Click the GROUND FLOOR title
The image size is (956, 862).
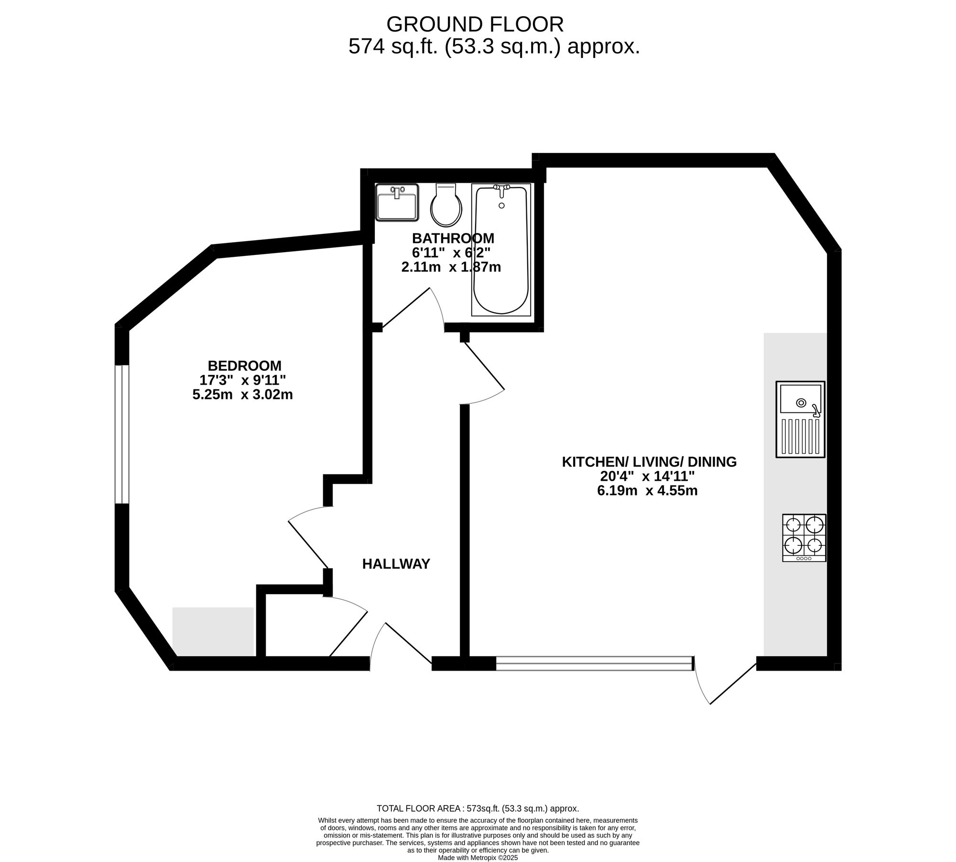pos(475,24)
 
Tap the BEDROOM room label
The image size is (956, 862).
pos(245,365)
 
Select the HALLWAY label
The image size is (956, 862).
pos(396,564)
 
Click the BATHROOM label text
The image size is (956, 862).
pos(453,238)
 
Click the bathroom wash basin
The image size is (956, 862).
pos(397,202)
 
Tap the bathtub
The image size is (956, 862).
pos(501,250)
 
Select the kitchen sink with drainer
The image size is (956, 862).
pos(801,419)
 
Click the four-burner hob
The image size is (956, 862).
pos(804,538)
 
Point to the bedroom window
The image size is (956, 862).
pos(122,434)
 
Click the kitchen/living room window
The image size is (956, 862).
pos(595,663)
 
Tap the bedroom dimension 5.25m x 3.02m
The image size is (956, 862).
pos(242,395)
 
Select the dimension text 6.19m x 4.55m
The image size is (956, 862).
pos(647,490)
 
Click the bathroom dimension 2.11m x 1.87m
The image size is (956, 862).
pos(451,267)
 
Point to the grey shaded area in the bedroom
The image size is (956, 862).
pos(213,631)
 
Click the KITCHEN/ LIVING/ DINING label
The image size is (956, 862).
pos(649,462)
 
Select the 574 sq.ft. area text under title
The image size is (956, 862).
pos(494,47)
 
